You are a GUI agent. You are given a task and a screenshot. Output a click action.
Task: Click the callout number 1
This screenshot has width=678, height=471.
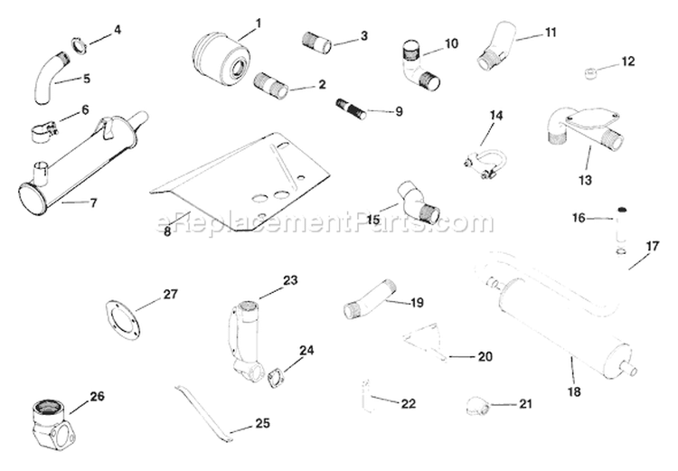click(258, 22)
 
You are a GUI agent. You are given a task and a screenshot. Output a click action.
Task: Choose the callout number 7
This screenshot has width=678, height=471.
click(93, 203)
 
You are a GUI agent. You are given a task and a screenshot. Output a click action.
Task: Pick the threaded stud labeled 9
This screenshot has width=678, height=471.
click(351, 111)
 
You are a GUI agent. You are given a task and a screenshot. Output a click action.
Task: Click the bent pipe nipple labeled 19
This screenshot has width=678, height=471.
click(370, 301)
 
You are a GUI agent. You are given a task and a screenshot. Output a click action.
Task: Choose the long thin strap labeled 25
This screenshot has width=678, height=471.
click(203, 408)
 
